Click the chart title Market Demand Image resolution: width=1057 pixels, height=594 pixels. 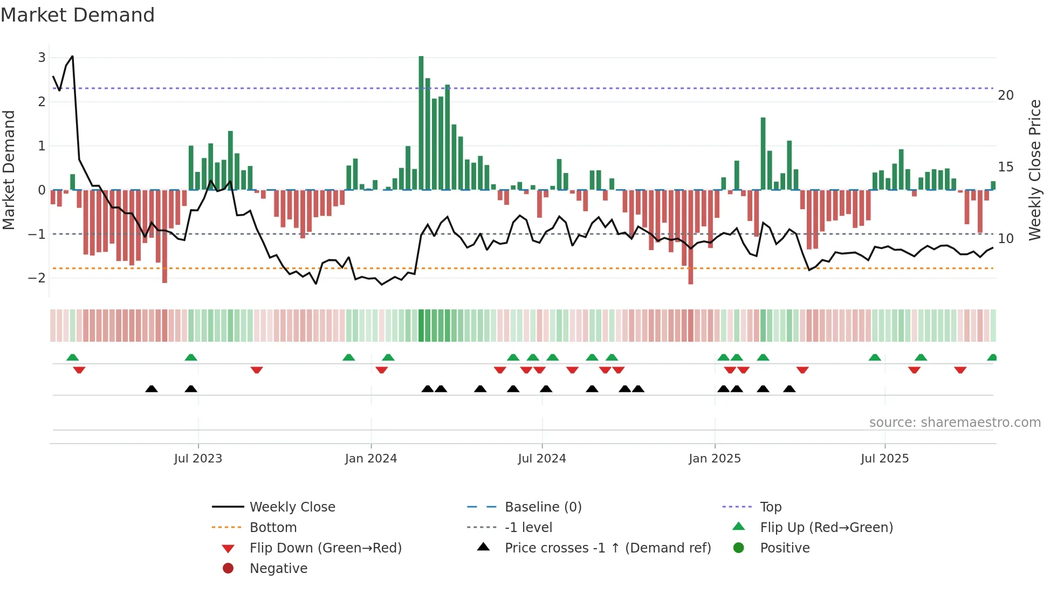click(x=78, y=15)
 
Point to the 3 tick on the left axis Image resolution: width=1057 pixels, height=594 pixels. click(x=42, y=57)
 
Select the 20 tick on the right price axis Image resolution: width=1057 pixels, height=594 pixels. click(x=1005, y=95)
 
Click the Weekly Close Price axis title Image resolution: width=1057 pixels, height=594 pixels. click(x=1034, y=170)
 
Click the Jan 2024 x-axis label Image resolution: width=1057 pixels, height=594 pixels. click(x=370, y=459)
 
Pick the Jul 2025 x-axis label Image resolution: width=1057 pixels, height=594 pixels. click(x=884, y=459)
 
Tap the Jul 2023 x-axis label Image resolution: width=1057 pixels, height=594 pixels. click(x=198, y=459)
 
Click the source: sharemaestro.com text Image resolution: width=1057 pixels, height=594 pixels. click(x=955, y=423)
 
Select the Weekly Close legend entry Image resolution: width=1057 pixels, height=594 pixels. click(x=292, y=507)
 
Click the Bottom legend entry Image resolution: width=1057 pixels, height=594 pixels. click(x=273, y=528)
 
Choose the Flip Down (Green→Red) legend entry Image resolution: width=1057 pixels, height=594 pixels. click(x=325, y=548)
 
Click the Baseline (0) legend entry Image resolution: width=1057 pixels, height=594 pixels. click(x=543, y=507)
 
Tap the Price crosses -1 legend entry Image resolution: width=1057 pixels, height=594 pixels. click(x=607, y=548)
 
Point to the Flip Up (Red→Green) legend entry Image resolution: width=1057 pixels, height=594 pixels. click(x=826, y=528)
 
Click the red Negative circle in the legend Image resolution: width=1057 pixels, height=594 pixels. click(x=228, y=569)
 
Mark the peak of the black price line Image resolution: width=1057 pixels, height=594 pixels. click(x=72, y=56)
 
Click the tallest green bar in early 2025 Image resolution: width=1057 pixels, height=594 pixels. click(x=763, y=154)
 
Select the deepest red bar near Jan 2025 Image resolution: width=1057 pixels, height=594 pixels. click(x=691, y=237)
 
